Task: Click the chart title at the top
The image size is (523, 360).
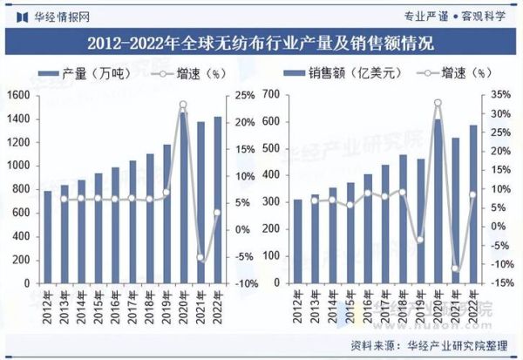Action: (x=261, y=42)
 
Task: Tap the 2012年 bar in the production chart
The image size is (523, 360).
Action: (x=49, y=237)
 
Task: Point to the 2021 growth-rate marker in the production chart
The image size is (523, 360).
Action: (x=200, y=257)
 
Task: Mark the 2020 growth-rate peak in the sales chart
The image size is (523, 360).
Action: (x=438, y=103)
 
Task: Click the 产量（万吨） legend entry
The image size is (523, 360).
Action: (x=87, y=74)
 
